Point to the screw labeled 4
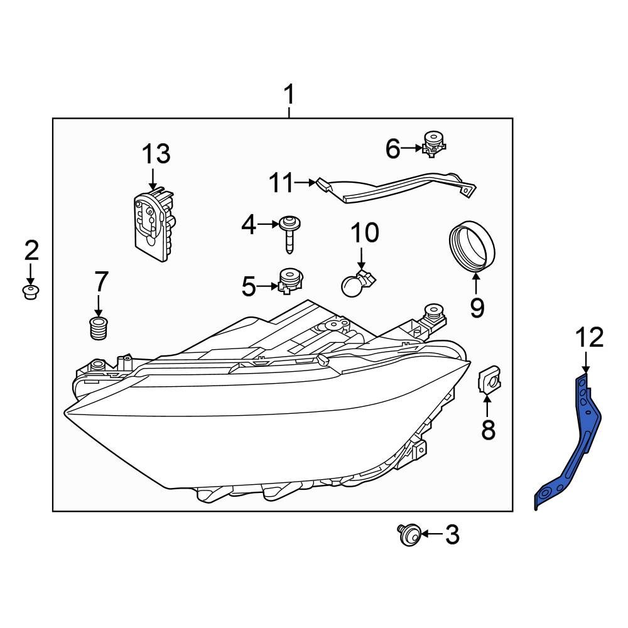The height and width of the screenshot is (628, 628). [x=290, y=232]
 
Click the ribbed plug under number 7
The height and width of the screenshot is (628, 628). [x=97, y=328]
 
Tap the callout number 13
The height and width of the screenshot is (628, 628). [x=155, y=154]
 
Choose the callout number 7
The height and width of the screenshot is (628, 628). [x=100, y=283]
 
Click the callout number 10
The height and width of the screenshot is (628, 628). [x=364, y=233]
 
